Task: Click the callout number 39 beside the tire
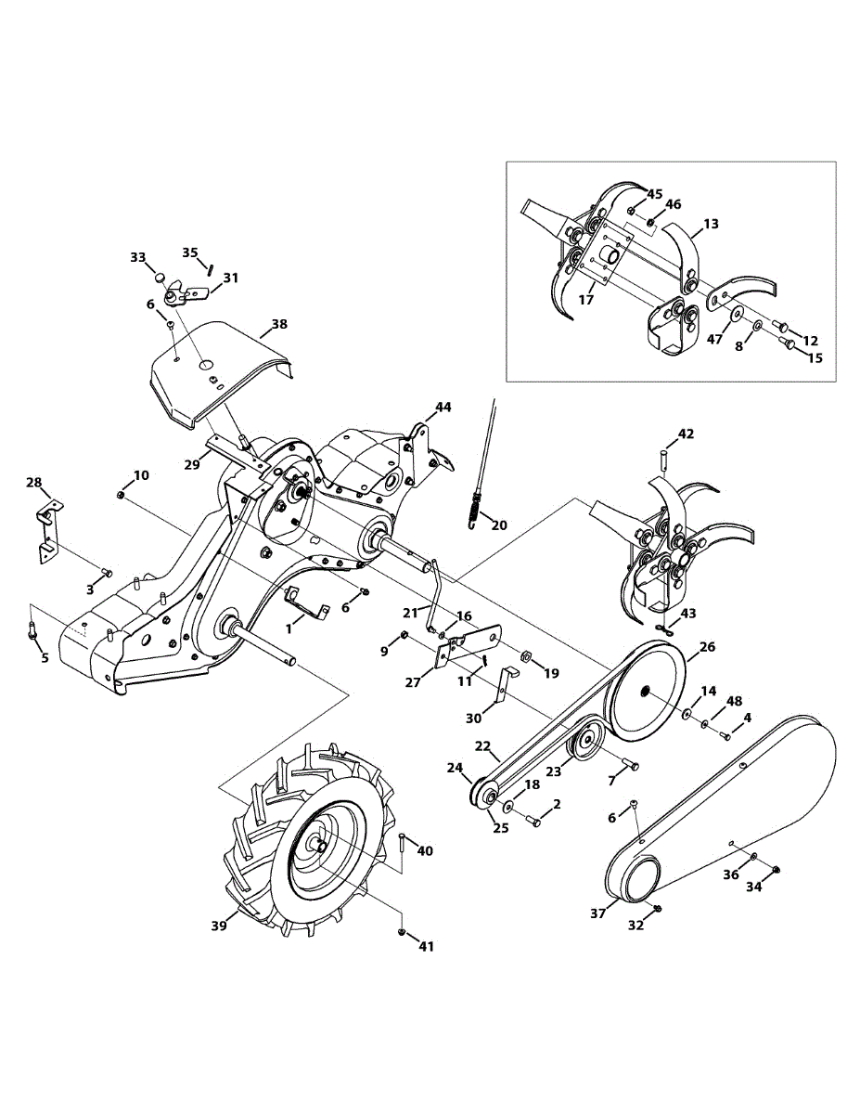pos(219,926)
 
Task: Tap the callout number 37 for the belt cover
pos(599,913)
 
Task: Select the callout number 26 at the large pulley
pos(707,646)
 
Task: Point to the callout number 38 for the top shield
pos(279,325)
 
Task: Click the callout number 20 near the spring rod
pos(499,525)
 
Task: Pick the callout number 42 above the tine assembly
pos(686,434)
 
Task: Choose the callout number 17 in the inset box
pos(587,300)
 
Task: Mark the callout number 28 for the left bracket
pos(34,483)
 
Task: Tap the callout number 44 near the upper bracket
pos(444,408)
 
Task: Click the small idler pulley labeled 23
pos(585,742)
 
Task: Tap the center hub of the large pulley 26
pos(643,692)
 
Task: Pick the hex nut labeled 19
pos(523,655)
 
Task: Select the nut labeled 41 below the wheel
pos(400,930)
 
